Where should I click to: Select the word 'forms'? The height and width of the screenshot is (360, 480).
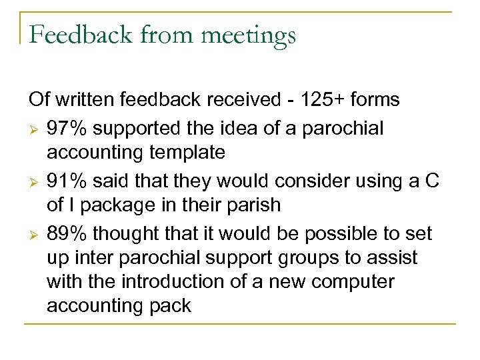pyautogui.click(x=376, y=100)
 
